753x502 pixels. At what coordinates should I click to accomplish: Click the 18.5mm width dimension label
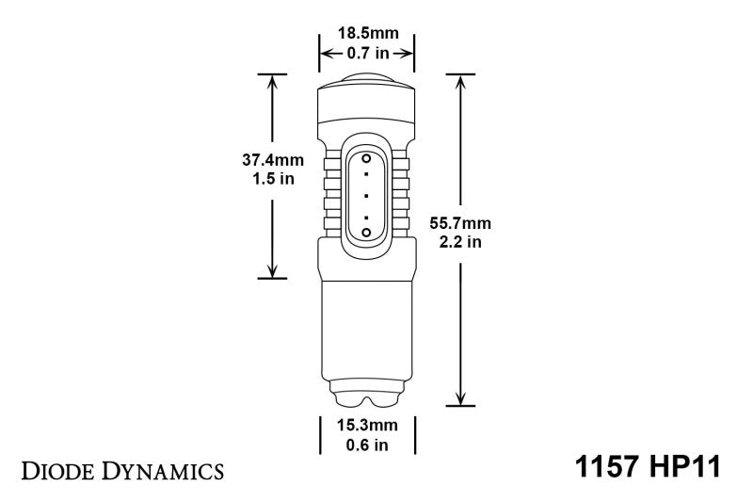368,34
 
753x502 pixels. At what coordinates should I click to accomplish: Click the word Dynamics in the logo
160,468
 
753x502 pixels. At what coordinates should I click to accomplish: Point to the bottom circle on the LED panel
366,232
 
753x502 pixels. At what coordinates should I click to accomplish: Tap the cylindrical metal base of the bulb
367,325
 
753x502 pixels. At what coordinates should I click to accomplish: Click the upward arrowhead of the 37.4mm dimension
272,80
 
